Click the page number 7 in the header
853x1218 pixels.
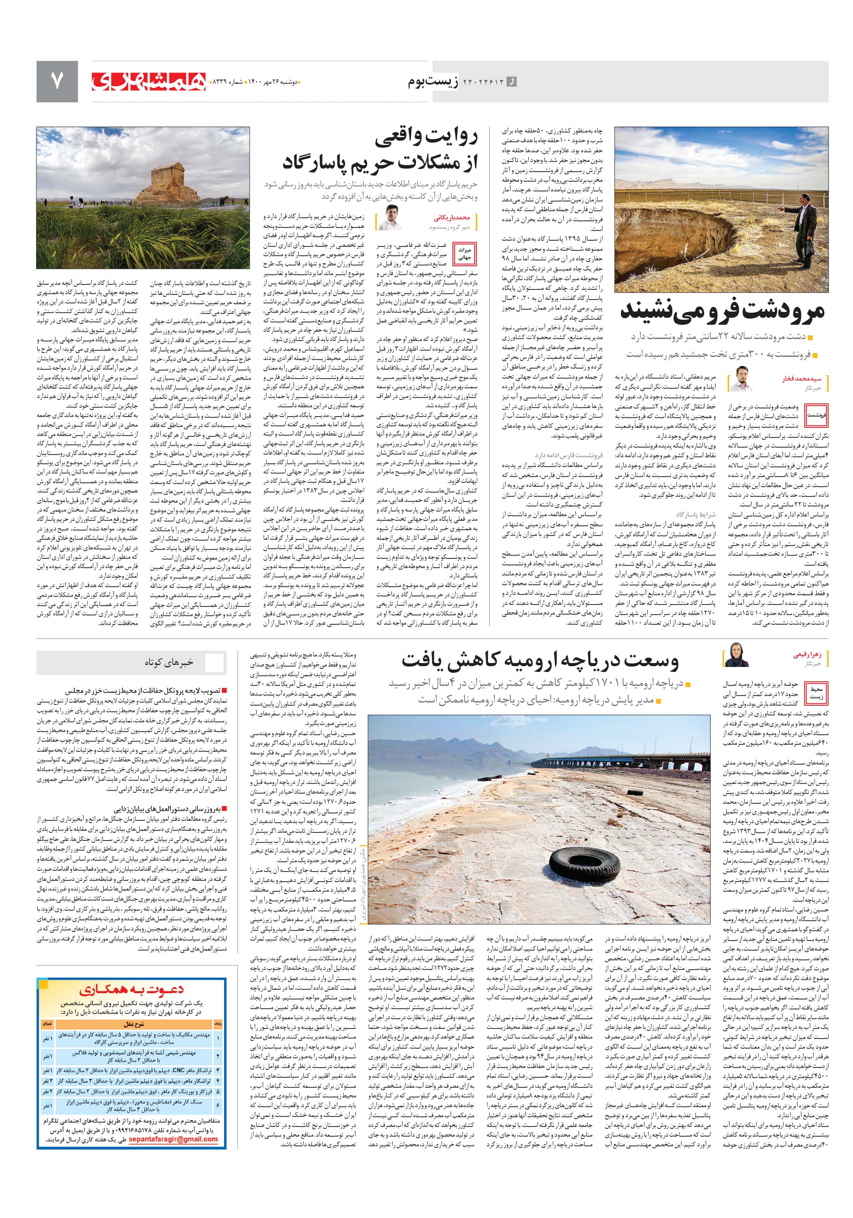pos(57,81)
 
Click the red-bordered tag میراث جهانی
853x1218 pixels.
pos(464,253)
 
